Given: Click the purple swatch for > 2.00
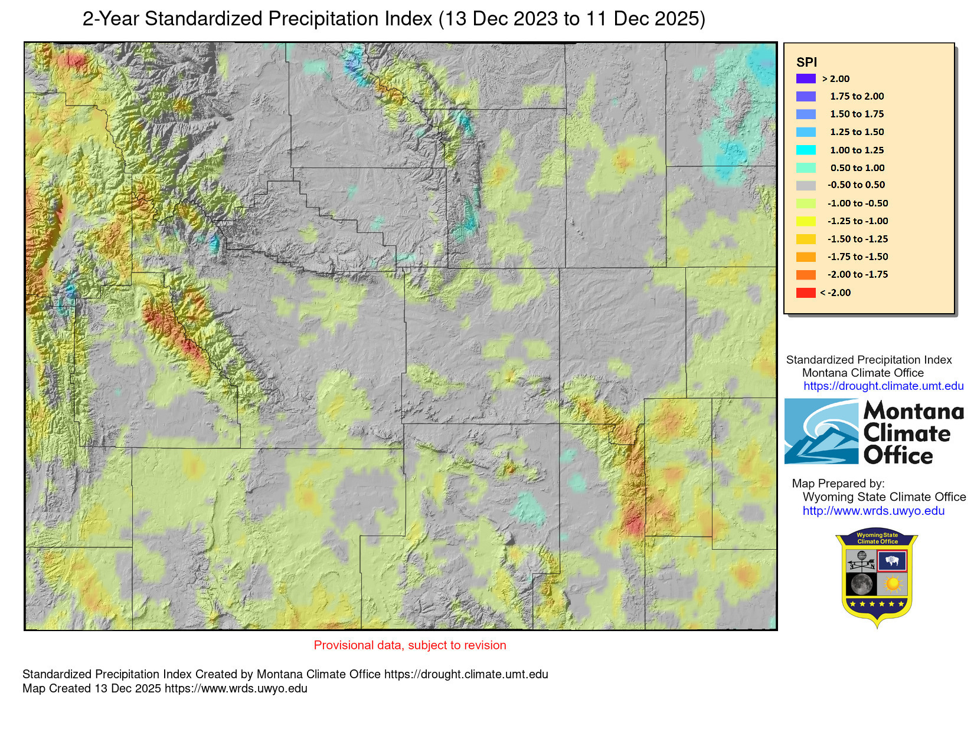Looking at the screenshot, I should tap(806, 78).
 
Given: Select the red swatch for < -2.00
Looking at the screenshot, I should tap(806, 293).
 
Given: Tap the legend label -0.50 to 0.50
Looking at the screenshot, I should tap(856, 185).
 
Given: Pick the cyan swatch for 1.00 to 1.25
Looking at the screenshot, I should tap(806, 150).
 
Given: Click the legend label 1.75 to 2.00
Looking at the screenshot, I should tap(857, 96).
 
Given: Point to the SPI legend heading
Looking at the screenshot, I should tap(806, 63).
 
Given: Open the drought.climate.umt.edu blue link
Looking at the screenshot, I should tap(883, 386).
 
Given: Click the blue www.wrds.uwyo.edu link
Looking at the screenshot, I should tap(873, 511).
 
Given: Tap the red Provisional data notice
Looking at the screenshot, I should tap(410, 645).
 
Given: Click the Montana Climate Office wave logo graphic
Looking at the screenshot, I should tap(821, 432).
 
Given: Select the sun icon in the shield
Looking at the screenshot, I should tap(892, 584).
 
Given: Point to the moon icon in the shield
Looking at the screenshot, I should tap(862, 584).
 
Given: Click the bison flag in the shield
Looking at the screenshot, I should tap(892, 561).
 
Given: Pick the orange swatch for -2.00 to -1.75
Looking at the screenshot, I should tap(806, 275).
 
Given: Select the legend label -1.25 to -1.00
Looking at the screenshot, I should tap(857, 221).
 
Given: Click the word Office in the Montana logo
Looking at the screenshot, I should tap(898, 456).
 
